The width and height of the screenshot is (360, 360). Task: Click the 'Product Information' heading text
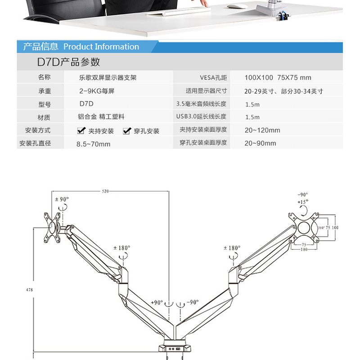(101, 47)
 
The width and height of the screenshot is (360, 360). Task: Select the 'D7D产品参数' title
(68, 62)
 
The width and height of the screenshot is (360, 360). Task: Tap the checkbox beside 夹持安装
(81, 131)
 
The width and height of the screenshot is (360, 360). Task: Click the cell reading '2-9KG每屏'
(97, 91)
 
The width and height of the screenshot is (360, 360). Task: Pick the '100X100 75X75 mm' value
(278, 77)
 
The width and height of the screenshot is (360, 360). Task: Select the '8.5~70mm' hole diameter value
(94, 144)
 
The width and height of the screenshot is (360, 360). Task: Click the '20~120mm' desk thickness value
(262, 130)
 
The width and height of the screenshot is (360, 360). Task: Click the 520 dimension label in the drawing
(106, 191)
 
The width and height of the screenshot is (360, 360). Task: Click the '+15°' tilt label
(303, 202)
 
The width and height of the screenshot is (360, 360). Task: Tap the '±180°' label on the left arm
(121, 247)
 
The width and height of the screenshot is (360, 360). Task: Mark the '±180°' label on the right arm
(232, 247)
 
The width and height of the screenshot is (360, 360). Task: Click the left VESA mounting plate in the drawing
(53, 226)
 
